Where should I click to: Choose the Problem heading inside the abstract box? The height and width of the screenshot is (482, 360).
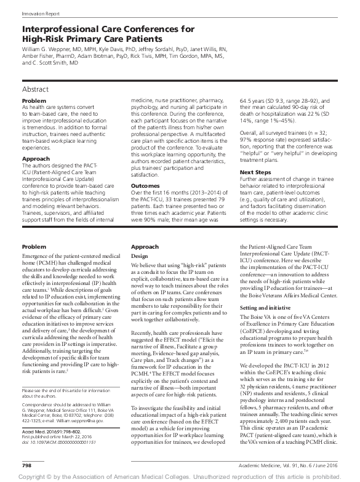(x=34, y=100)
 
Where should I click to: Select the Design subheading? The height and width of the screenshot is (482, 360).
(x=138, y=254)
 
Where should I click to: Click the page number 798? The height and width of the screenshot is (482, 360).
(x=27, y=464)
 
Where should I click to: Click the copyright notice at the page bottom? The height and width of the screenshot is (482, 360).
(x=180, y=476)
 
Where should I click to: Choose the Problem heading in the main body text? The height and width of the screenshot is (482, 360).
(x=34, y=246)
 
